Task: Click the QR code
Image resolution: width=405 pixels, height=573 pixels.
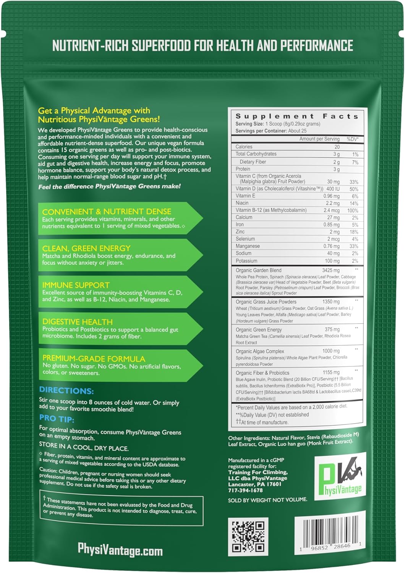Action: coord(248,536)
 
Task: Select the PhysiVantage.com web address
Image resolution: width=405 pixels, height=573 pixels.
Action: coord(120,550)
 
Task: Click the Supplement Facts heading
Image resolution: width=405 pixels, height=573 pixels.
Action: coord(296,116)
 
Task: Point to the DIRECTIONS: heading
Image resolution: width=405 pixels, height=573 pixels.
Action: coord(66,390)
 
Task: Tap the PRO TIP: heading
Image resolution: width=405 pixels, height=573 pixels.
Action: coord(57,419)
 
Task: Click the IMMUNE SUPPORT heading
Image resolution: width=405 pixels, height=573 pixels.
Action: coord(76,285)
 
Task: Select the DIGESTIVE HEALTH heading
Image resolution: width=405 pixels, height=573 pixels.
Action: coord(77,322)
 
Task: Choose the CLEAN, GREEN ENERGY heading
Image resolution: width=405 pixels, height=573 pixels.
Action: coord(86,248)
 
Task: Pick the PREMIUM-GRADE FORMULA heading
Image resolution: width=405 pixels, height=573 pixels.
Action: coord(94,359)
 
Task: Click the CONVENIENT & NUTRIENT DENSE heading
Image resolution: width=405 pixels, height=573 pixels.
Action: coord(107,212)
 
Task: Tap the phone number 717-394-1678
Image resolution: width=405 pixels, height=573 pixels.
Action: coord(245,490)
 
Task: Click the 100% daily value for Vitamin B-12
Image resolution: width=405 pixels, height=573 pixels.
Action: coord(352,210)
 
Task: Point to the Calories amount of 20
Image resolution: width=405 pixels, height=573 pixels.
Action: coord(337,147)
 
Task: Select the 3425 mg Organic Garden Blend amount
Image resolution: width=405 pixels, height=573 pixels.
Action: coord(330,270)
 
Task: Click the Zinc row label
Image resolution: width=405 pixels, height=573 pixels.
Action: coord(240,232)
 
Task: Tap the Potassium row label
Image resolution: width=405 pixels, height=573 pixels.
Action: coord(246,261)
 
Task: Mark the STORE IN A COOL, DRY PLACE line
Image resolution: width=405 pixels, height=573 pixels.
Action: coord(84,448)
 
